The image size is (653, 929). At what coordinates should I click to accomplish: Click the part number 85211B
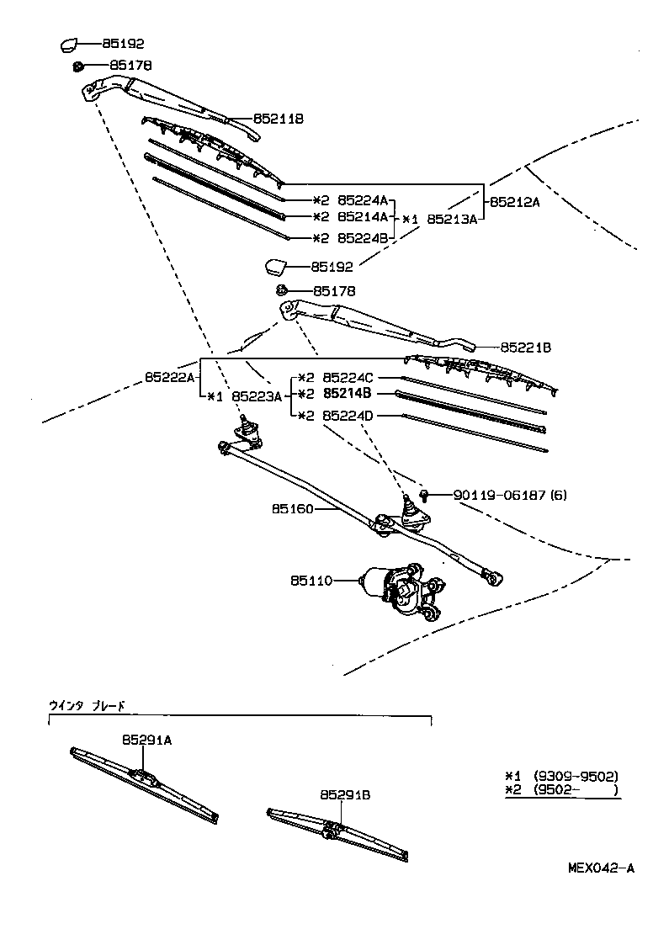click(x=279, y=119)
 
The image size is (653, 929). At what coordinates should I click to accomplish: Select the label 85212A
click(x=516, y=202)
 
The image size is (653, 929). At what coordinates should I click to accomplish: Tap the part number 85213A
click(x=452, y=219)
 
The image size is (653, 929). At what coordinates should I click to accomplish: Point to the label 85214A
click(x=362, y=217)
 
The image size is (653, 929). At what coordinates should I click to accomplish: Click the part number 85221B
click(x=525, y=347)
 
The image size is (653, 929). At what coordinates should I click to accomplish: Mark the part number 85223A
click(x=257, y=396)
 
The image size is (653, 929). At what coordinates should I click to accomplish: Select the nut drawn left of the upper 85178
click(x=77, y=66)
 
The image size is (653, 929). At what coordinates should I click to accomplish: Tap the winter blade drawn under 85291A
click(x=145, y=783)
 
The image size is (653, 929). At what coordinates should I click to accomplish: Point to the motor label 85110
click(x=312, y=581)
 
